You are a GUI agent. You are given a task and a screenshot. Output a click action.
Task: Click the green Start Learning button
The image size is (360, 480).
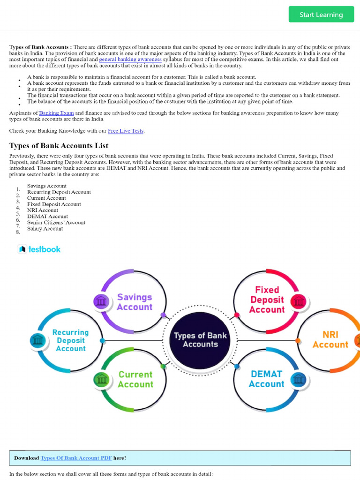321,15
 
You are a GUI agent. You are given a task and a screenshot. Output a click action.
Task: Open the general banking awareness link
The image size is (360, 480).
130,60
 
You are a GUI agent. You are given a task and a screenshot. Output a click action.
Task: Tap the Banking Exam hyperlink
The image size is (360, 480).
56,113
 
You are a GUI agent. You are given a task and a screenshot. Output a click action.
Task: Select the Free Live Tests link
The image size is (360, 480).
126,131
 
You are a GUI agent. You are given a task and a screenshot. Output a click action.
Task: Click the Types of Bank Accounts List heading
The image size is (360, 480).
59,145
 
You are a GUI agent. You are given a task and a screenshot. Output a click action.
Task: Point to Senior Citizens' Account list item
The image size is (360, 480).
56,223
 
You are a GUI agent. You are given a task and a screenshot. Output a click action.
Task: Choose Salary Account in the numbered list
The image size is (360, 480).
45,229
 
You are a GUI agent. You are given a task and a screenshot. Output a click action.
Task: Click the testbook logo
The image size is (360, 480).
39,249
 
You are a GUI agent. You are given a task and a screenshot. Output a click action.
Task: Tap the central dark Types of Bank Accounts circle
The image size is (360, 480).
200,339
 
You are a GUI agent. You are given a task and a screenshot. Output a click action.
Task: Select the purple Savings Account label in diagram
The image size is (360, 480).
135,302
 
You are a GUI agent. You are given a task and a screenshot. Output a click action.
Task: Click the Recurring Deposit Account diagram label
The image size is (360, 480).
70,340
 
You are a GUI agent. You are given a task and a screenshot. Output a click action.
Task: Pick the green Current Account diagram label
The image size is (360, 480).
135,379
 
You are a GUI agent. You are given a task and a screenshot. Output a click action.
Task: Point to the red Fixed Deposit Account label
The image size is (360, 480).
267,300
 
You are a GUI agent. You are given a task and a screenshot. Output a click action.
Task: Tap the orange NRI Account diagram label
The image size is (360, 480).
330,339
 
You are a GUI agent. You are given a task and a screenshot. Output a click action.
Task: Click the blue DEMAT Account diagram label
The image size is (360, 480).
266,379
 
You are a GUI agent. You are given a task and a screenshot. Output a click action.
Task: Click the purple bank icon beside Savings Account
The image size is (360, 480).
100,301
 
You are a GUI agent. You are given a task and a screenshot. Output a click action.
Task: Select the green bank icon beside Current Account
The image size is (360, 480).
100,379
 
